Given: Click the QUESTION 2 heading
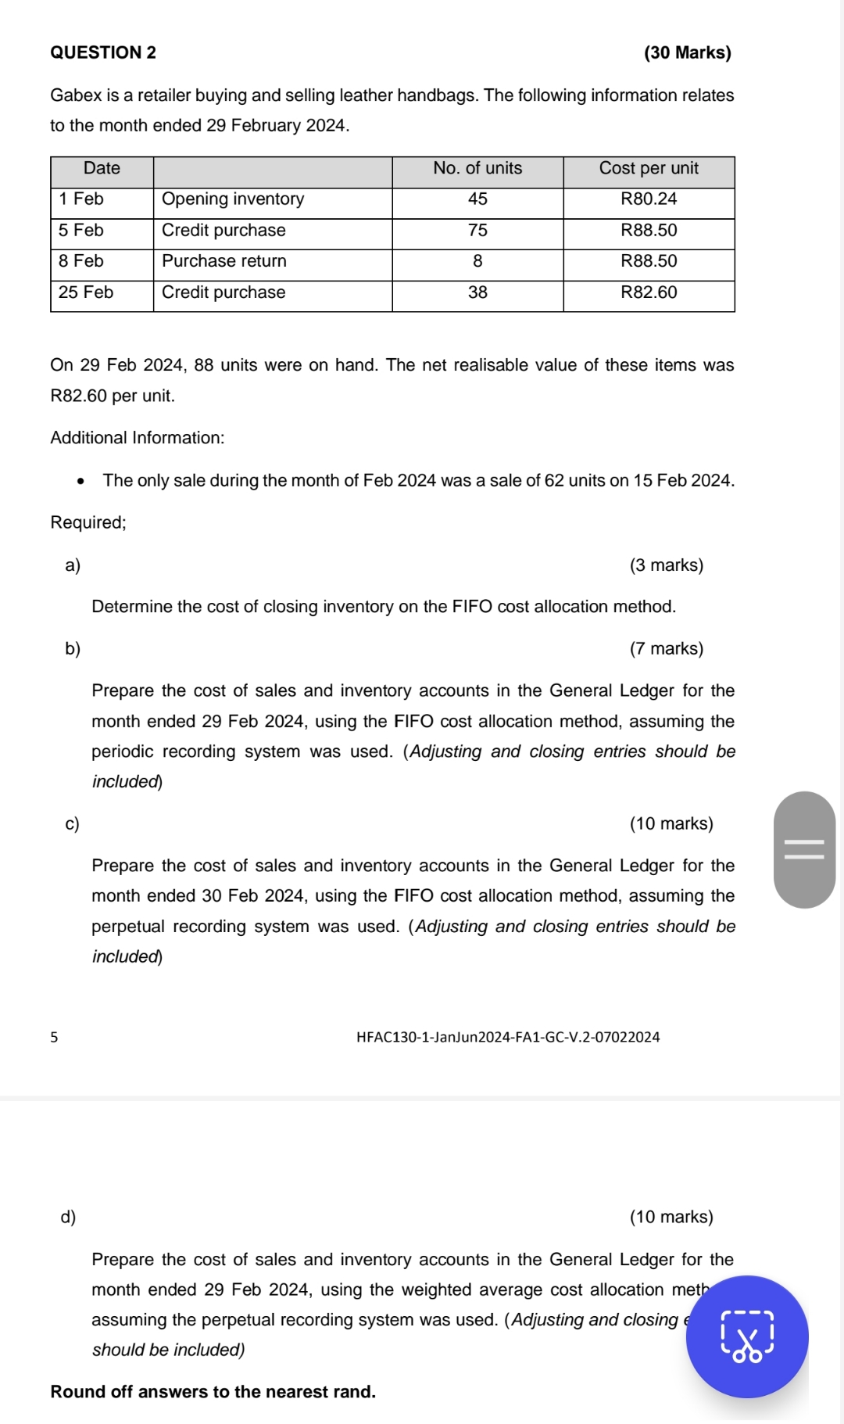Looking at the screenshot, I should click(103, 52).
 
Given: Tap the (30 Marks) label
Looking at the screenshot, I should click(687, 52).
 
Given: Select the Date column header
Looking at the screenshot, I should click(102, 168).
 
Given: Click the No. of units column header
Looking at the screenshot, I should click(477, 168).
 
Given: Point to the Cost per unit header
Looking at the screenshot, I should click(649, 168).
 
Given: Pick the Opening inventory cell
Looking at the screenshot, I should click(233, 199).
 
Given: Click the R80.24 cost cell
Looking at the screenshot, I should click(649, 199).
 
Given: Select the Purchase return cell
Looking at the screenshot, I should click(224, 261).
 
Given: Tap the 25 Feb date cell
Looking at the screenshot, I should click(86, 292).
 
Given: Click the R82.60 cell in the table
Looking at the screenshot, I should click(649, 292).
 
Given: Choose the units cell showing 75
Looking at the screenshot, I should click(477, 231).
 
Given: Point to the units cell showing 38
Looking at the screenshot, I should click(477, 292).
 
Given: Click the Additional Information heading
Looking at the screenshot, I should click(138, 438).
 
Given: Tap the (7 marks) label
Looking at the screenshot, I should click(666, 649).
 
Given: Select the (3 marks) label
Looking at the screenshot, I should click(666, 565).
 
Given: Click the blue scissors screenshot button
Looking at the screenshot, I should click(747, 1337).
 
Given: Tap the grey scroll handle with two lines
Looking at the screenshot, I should click(804, 850).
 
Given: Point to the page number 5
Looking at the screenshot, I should click(54, 1038).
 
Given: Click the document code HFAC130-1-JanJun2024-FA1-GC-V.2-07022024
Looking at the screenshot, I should click(508, 1038).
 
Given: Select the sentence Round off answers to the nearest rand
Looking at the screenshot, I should click(213, 1392).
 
